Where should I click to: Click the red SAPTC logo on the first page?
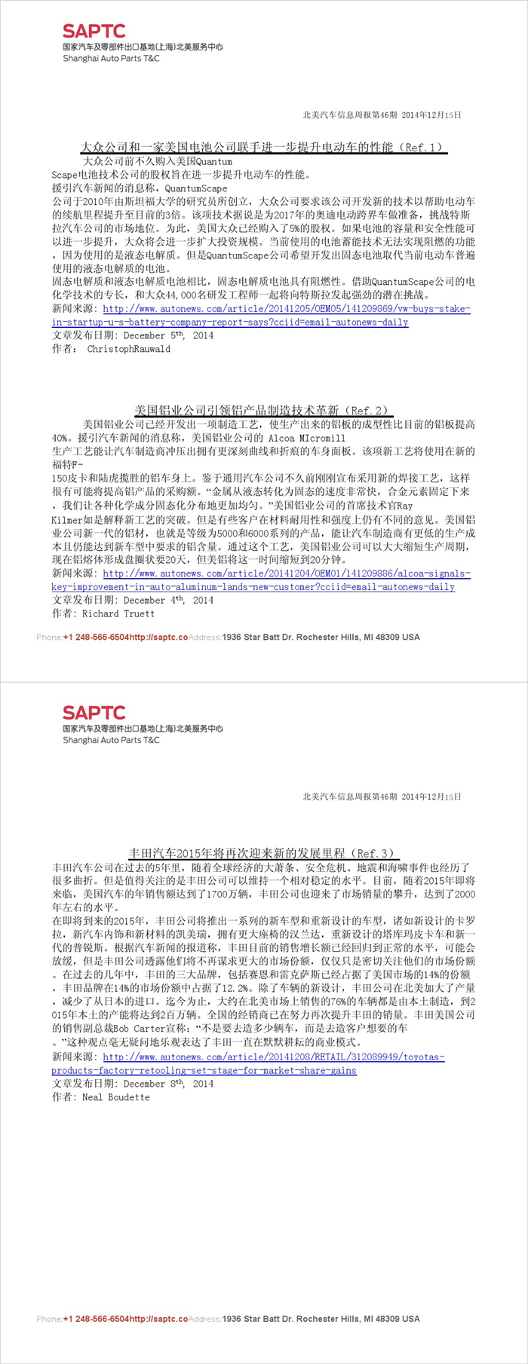(x=94, y=31)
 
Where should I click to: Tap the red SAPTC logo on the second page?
(x=94, y=712)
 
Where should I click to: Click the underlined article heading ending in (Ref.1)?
(x=263, y=147)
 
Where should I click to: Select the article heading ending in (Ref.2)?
(x=263, y=411)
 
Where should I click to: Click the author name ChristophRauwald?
(x=128, y=349)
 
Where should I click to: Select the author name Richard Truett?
(x=118, y=613)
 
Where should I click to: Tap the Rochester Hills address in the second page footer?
(x=321, y=1319)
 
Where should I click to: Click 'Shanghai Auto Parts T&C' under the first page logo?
(x=111, y=58)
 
